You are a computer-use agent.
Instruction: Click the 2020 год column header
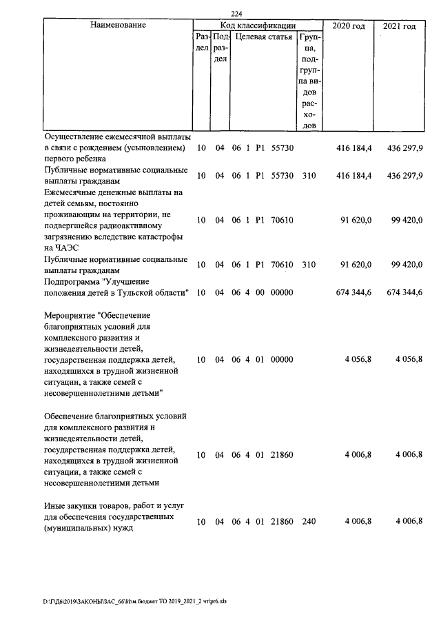click(348, 26)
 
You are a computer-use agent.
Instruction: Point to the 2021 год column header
click(400, 26)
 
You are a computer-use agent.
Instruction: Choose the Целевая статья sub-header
click(264, 37)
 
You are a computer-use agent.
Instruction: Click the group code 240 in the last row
click(308, 521)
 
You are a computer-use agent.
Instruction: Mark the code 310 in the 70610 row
click(308, 264)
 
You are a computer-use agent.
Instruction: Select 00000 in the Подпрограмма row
click(283, 293)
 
